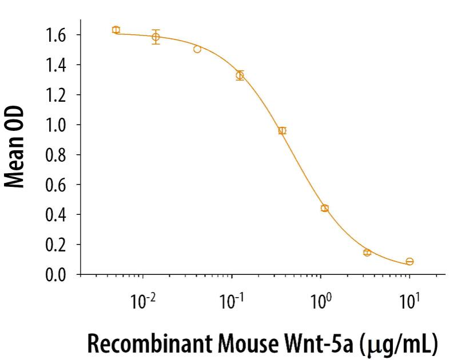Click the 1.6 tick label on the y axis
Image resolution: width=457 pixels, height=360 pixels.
point(56,35)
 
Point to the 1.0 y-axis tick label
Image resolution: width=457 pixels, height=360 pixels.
point(56,125)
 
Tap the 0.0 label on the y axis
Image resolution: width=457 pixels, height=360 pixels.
point(56,275)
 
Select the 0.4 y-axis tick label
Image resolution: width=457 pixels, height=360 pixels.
point(56,215)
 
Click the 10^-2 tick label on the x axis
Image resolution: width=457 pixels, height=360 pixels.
point(143,301)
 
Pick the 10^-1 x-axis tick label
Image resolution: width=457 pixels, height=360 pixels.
point(232,301)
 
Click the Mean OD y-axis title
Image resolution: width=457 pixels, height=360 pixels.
point(18,147)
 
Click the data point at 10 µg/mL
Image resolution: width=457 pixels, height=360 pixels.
point(410,262)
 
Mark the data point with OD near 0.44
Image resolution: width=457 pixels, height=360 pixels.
point(324,208)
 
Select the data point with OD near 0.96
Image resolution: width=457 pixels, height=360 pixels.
point(282,130)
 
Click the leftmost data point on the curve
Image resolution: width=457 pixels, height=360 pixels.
point(116,30)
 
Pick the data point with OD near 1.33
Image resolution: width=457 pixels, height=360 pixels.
point(240,75)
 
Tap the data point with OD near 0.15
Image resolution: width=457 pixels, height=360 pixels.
point(367,252)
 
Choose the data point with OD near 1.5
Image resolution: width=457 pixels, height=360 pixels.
point(197,49)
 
